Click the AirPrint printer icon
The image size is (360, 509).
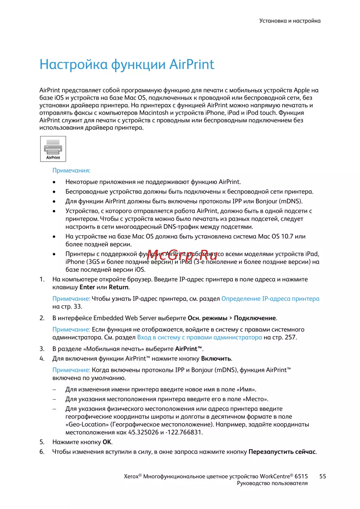pyautogui.click(x=53, y=149)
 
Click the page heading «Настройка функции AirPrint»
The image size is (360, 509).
pyautogui.click(x=127, y=64)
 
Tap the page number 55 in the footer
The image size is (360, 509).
pyautogui.click(x=323, y=476)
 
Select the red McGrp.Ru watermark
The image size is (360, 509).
pyautogui.click(x=182, y=255)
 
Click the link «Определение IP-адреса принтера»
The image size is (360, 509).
pyautogui.click(x=270, y=298)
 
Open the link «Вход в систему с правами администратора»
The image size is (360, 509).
pyautogui.click(x=199, y=337)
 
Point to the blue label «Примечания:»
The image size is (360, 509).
pyautogui.click(x=71, y=170)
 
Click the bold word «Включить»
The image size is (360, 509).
pyautogui.click(x=216, y=359)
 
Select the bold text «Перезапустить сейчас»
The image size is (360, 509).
pyautogui.click(x=282, y=452)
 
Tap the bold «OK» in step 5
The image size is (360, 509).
pyautogui.click(x=107, y=442)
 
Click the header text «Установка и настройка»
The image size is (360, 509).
pyautogui.click(x=290, y=21)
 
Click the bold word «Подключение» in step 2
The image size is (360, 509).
pyautogui.click(x=255, y=318)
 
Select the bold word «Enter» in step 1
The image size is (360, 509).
pyautogui.click(x=87, y=287)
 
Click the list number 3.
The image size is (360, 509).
pyautogui.click(x=42, y=349)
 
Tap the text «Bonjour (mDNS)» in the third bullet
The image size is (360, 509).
pyautogui.click(x=279, y=201)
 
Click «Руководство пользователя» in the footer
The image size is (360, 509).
pyautogui.click(x=272, y=483)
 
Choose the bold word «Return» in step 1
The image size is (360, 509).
pyautogui.click(x=118, y=287)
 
